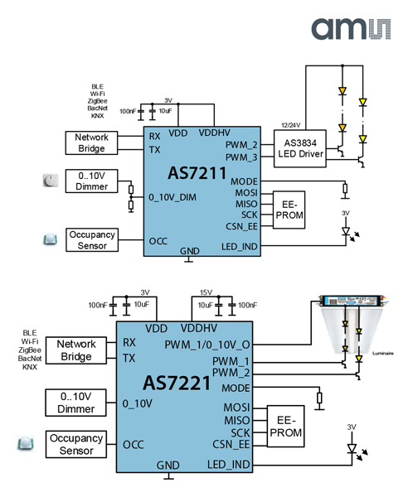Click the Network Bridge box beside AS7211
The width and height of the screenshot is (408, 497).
click(91, 142)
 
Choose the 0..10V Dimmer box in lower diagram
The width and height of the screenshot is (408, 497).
click(76, 402)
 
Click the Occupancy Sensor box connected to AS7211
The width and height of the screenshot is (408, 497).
click(91, 240)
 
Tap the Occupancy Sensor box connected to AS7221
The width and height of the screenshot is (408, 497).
click(76, 444)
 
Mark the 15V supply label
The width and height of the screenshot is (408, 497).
click(206, 292)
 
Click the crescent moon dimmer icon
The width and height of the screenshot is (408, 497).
click(51, 180)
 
